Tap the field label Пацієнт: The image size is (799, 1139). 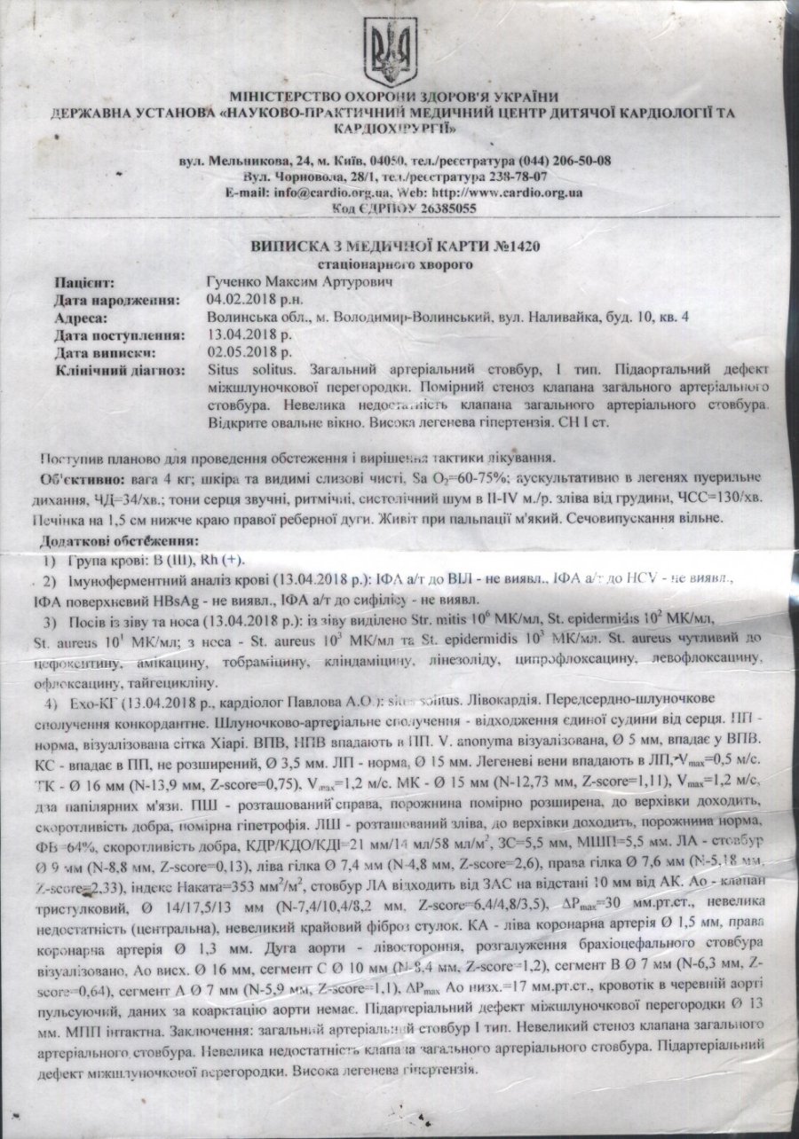85,284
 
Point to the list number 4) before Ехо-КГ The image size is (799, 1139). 51,703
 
